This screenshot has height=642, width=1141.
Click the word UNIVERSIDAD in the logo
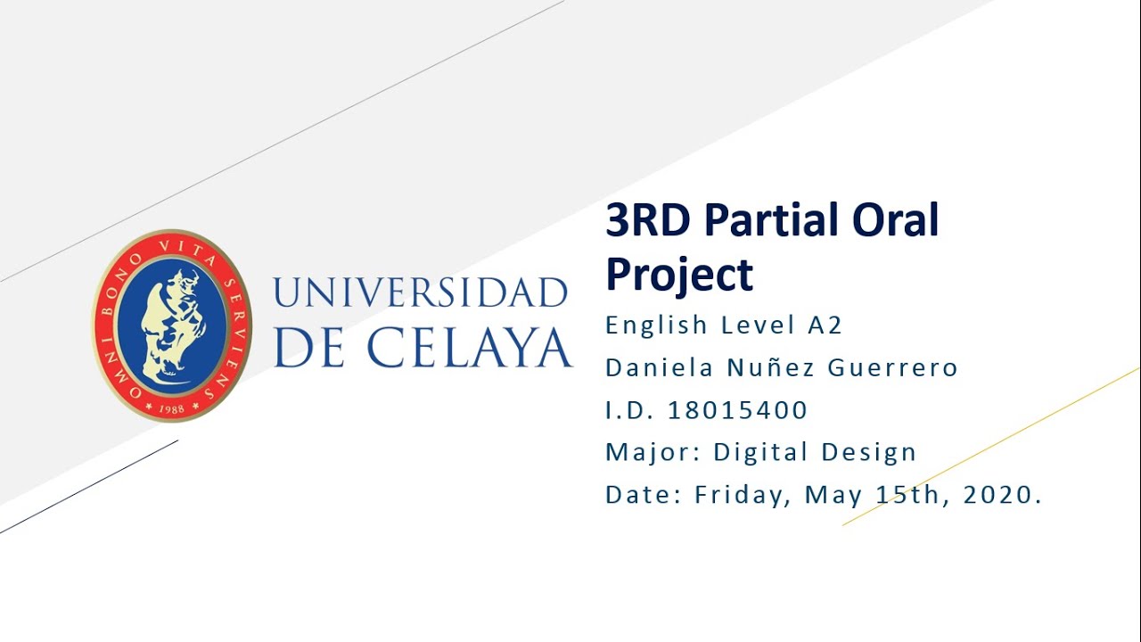[x=420, y=293]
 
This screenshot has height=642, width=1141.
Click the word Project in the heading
[x=679, y=274]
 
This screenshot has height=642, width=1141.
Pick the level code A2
[x=825, y=325]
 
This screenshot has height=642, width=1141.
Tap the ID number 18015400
[x=737, y=410]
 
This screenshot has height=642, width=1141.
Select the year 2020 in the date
[x=997, y=494]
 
